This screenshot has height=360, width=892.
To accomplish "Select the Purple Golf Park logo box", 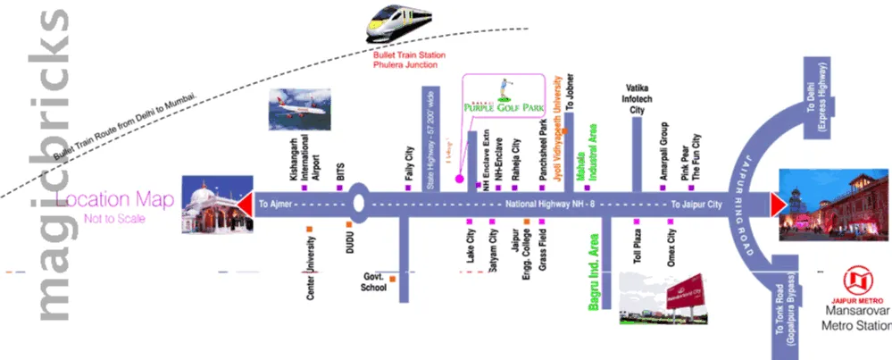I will (x=504, y=95).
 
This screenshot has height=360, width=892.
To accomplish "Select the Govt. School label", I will (x=372, y=282).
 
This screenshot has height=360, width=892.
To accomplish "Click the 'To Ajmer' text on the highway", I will (x=277, y=205).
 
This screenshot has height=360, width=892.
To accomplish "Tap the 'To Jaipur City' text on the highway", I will (x=696, y=205).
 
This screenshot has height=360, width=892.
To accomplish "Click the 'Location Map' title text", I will (x=112, y=197).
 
